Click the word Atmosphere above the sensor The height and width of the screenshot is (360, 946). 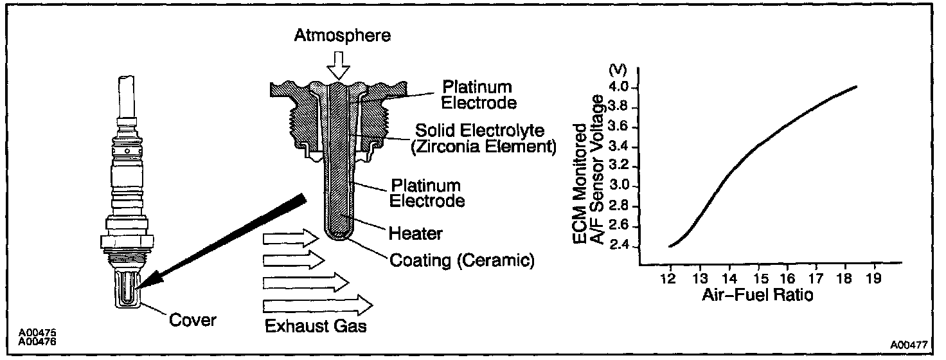[342, 35]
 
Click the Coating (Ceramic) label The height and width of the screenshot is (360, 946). [462, 261]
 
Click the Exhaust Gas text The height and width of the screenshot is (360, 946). [316, 326]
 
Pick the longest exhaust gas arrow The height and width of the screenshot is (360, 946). [317, 303]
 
